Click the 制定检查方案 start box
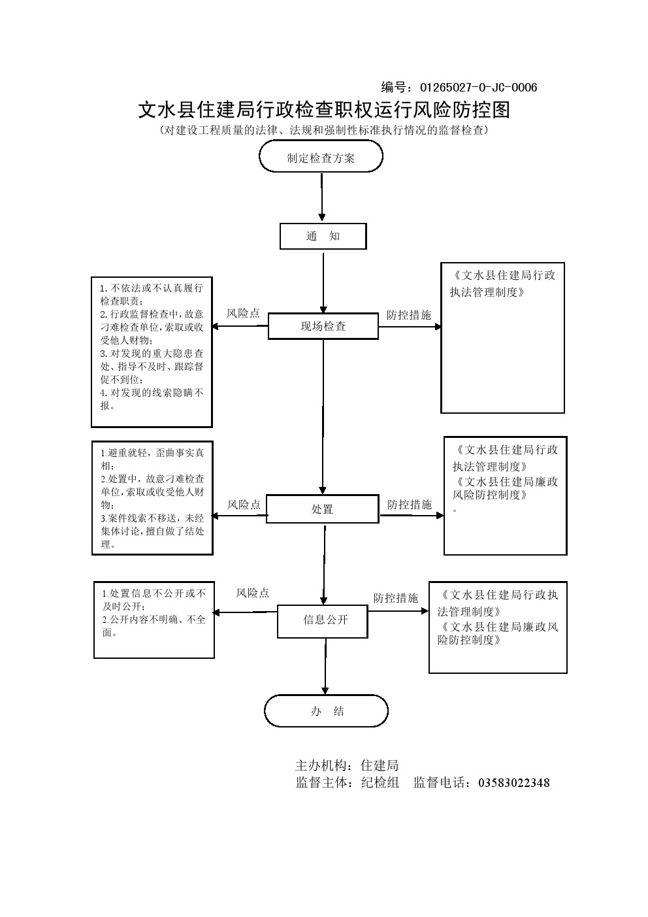(x=321, y=158)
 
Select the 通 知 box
(x=323, y=236)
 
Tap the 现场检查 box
(x=323, y=326)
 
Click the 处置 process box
(x=322, y=509)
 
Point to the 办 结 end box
(x=326, y=711)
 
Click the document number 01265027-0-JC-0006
(x=478, y=88)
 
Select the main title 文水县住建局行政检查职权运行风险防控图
(x=323, y=110)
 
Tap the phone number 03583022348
(x=514, y=782)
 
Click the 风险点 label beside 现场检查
(x=243, y=314)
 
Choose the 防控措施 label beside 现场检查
(x=409, y=315)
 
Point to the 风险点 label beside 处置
(x=244, y=505)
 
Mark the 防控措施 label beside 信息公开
(x=396, y=598)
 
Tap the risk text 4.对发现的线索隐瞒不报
(x=152, y=399)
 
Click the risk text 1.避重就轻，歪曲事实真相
(x=152, y=459)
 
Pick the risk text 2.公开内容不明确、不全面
(x=154, y=625)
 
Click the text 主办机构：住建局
(x=347, y=765)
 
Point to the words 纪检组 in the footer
(x=380, y=782)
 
